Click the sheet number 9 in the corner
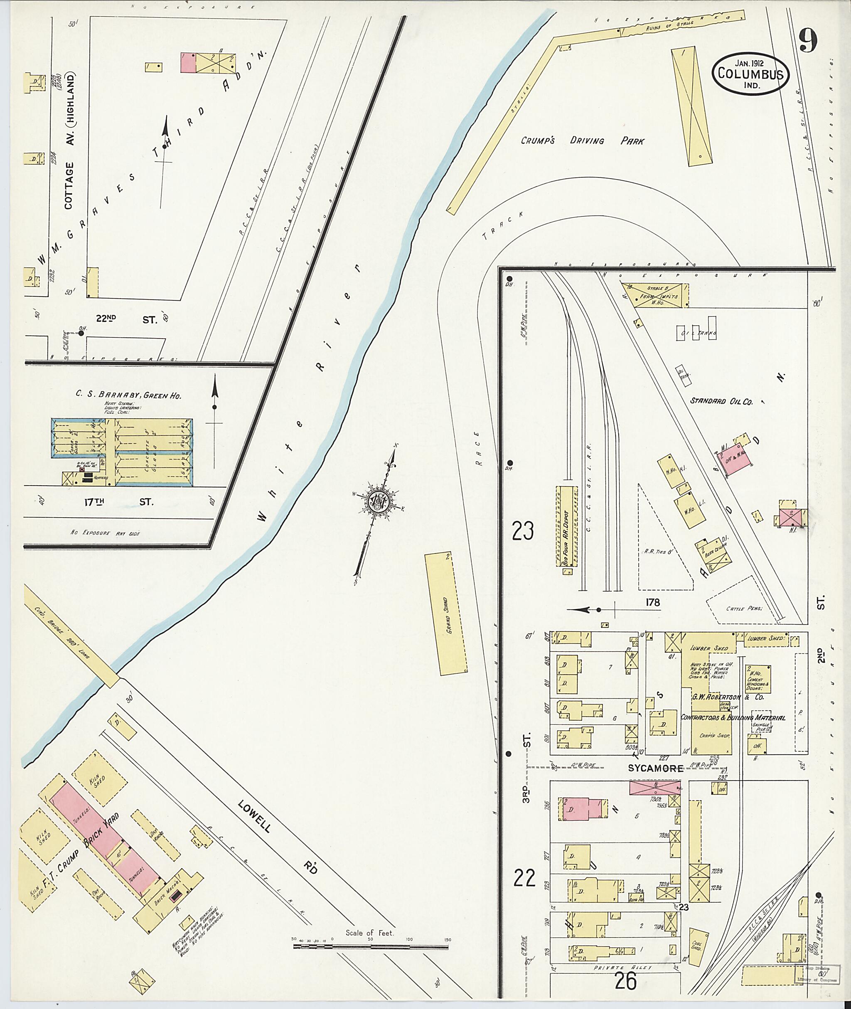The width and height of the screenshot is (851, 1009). pos(809,41)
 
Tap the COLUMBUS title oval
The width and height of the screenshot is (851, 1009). pos(751,74)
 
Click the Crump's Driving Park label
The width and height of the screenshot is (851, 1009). pos(582,141)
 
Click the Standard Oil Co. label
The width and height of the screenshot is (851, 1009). pos(721,400)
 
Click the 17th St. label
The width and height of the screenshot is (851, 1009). pos(118,502)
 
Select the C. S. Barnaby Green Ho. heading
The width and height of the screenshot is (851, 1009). pos(128,395)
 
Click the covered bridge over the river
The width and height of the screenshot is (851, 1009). pos(71,636)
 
